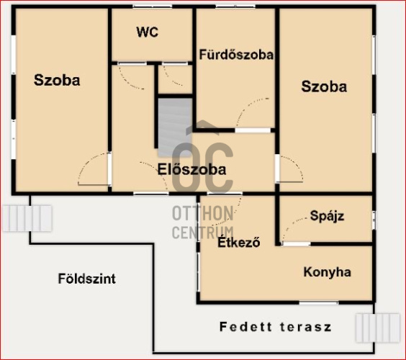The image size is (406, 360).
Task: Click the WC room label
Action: tap(148, 32)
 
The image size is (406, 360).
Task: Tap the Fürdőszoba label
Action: tap(236, 55)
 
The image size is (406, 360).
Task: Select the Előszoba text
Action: tap(192, 170)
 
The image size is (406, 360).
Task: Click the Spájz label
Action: tap(327, 216)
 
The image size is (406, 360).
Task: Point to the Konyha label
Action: tap(328, 272)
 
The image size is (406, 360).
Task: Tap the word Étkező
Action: tap(239, 242)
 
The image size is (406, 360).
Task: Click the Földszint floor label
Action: tap(86, 279)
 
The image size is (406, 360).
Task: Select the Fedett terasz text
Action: tap(276, 327)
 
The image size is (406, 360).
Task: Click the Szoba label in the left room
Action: tap(57, 80)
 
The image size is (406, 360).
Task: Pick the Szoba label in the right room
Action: tap(324, 86)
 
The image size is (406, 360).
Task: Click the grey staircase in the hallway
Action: tap(175, 127)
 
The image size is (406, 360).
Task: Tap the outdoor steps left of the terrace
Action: tap(27, 218)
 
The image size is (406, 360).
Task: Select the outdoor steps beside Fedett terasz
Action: tap(378, 328)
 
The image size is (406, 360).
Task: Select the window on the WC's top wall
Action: tap(153, 6)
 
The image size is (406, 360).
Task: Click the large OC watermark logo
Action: tap(202, 168)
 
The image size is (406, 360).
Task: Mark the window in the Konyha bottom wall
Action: tap(319, 302)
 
